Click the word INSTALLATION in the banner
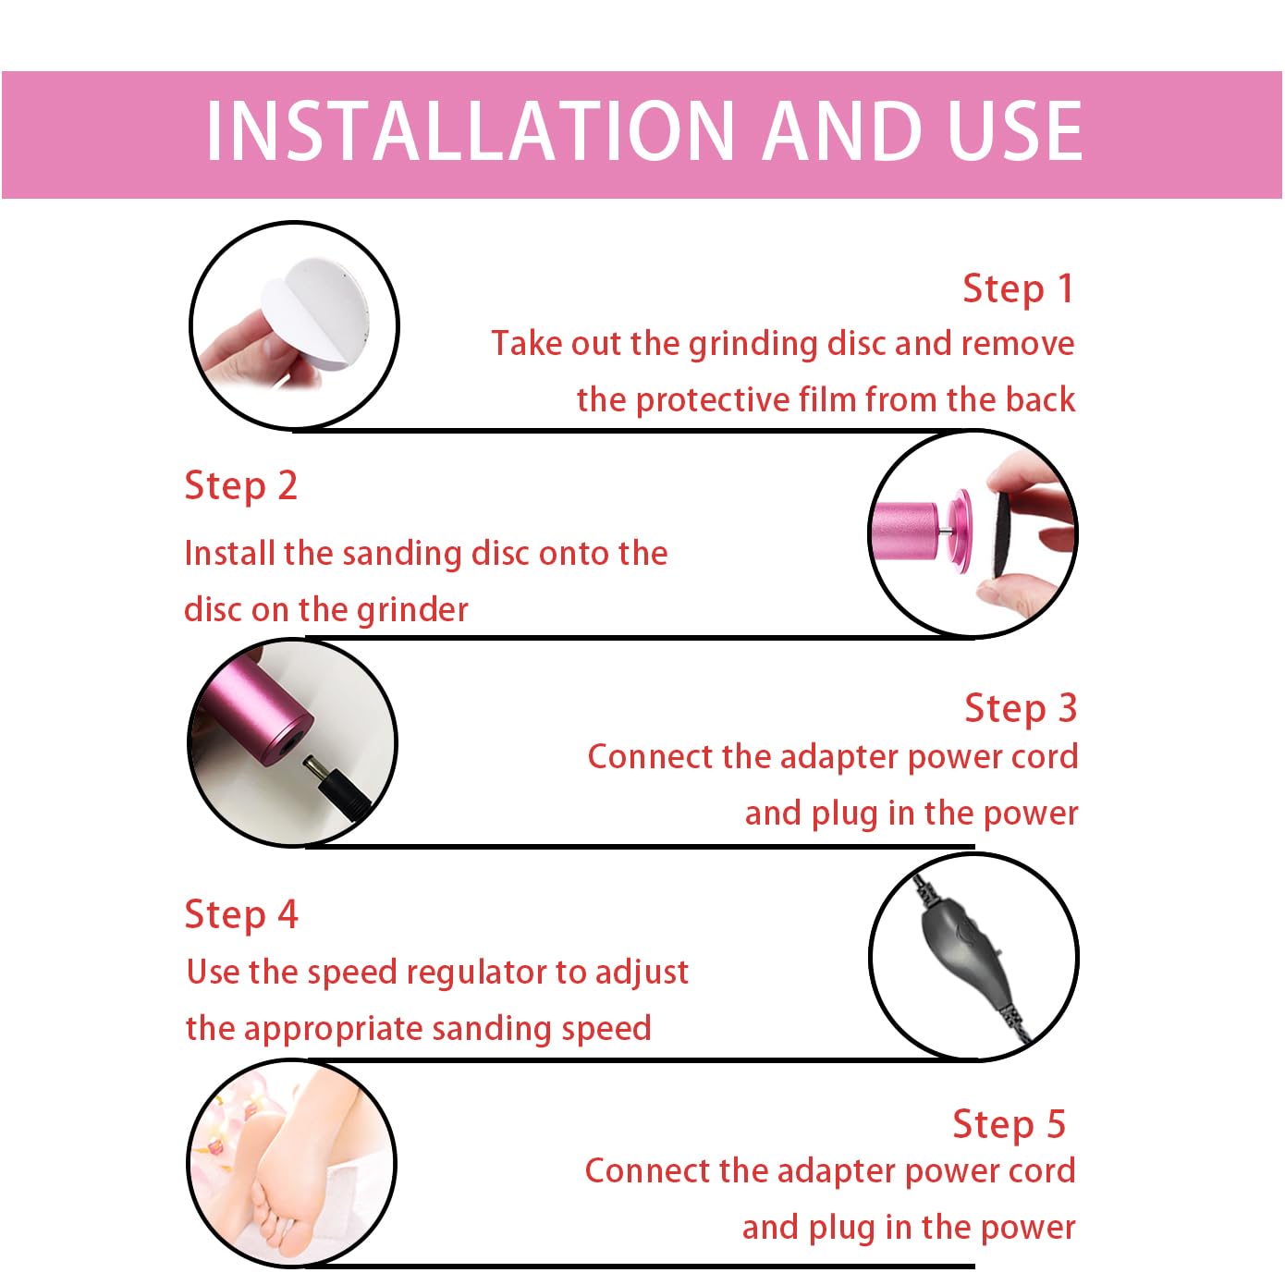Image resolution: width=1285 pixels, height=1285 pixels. coord(471,130)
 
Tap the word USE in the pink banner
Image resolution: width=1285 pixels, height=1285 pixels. coord(1014,130)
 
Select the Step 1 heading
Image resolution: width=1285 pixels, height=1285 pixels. coord(1018,289)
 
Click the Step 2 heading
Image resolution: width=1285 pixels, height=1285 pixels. coord(240,485)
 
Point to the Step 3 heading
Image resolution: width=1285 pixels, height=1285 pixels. coord(1021,707)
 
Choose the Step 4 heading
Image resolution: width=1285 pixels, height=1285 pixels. coord(241,913)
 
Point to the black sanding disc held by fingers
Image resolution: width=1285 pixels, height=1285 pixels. coord(1001,534)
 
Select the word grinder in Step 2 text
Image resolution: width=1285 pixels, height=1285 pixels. coord(412,610)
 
